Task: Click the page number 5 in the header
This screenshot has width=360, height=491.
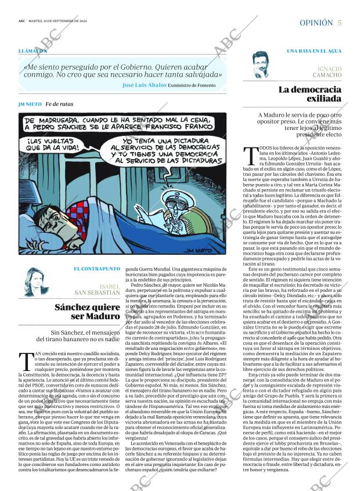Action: pos(339,23)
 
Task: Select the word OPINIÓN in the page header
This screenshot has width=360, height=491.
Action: pos(316,23)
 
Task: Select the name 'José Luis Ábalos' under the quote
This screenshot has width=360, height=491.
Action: pos(145,85)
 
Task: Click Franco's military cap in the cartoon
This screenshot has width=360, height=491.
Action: pos(174,196)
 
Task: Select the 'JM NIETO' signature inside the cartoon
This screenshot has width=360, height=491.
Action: pos(208,250)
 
